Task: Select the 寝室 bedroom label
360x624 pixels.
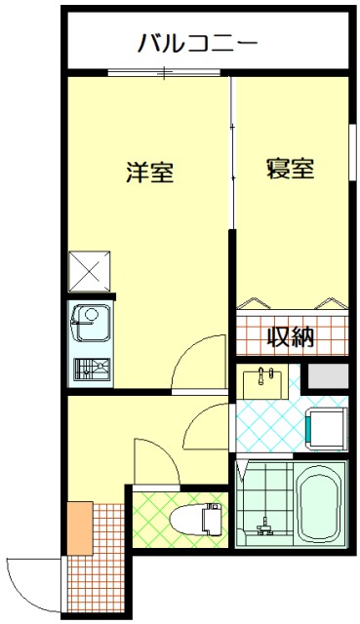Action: point(290,168)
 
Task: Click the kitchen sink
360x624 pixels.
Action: point(90,321)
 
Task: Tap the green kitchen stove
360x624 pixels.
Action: point(91,370)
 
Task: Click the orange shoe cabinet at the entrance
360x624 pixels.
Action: point(78,526)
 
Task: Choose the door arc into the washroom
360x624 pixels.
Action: point(207,426)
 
